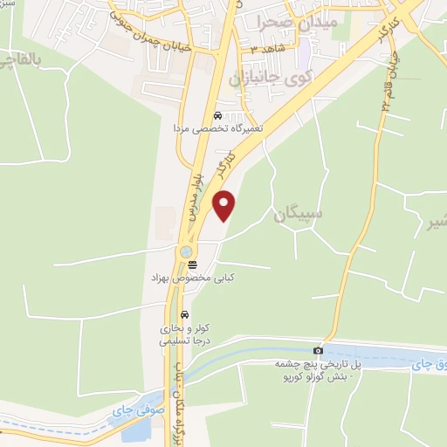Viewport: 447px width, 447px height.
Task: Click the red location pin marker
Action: point(225,206)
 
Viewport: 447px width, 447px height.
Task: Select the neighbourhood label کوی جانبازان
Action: point(271,80)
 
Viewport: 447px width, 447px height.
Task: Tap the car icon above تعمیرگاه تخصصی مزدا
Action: point(217,115)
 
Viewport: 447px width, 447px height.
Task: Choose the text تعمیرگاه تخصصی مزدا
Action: point(215,128)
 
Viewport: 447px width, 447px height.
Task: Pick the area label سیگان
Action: point(297,213)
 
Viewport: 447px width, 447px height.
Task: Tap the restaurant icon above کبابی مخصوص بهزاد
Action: point(192,264)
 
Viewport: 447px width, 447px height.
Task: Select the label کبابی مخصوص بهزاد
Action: point(192,277)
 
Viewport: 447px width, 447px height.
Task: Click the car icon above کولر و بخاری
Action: point(184,314)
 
